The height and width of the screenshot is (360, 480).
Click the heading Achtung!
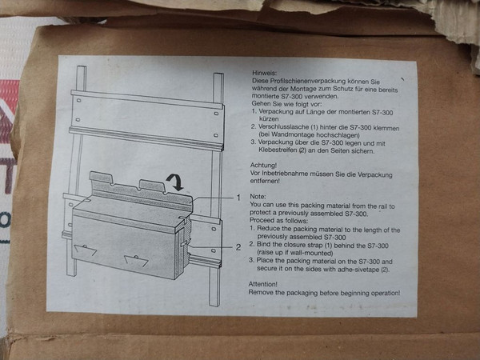coord(263,166)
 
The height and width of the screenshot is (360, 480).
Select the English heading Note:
coord(258,197)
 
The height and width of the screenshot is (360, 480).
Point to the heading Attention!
coord(263,284)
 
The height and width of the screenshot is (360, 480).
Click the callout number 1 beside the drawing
coord(238,198)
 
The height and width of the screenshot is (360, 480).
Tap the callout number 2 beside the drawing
coord(238,247)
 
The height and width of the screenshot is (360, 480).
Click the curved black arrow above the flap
coord(174,182)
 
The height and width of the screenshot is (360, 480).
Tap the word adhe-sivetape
coord(358,270)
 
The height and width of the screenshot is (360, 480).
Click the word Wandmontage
coord(289,134)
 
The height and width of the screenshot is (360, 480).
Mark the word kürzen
coord(269,118)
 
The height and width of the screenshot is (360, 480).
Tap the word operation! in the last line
coord(386,294)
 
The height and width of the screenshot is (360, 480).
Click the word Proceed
coord(261,221)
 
